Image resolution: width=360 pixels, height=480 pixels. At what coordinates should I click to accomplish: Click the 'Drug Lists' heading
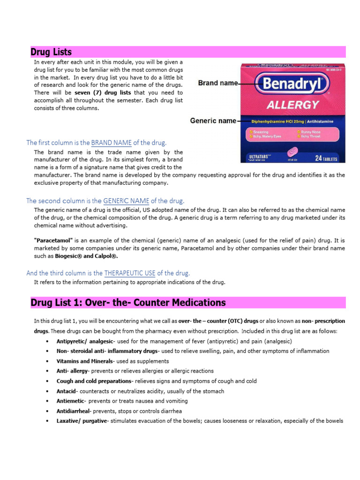[x=51, y=52]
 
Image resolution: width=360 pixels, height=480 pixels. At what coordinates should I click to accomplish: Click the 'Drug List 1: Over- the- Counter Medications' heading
[x=128, y=303]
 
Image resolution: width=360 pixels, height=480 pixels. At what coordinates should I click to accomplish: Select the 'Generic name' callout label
[x=213, y=120]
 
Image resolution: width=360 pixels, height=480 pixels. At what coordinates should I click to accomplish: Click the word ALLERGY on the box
[x=293, y=104]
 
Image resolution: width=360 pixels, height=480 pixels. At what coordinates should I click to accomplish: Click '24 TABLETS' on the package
[x=325, y=158]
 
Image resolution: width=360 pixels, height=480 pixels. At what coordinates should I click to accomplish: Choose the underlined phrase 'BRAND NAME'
[x=111, y=142]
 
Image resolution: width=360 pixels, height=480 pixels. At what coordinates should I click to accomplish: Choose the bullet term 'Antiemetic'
[x=70, y=401]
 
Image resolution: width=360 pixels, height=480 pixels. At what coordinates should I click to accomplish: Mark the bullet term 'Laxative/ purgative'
[x=82, y=420]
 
